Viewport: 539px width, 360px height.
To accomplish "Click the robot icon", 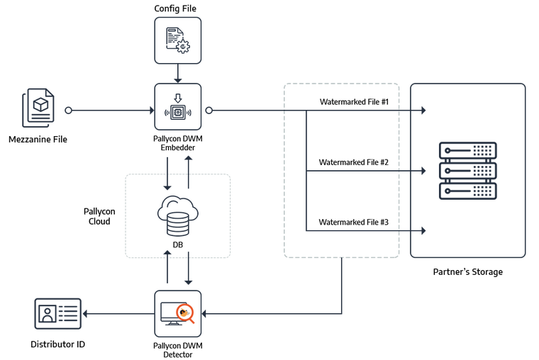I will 178,108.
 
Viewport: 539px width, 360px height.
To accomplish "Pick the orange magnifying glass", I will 186,312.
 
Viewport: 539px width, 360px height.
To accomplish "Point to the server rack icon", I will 467,171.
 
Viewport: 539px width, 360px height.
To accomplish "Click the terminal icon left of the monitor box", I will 57,313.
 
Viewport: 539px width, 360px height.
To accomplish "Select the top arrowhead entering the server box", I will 424,111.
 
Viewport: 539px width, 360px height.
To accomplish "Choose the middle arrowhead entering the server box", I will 424,171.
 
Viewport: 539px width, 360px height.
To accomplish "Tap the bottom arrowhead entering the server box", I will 424,230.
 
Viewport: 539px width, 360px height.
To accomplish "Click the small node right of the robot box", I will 209,110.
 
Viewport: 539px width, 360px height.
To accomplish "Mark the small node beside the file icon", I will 68,110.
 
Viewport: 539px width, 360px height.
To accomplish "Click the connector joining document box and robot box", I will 178,73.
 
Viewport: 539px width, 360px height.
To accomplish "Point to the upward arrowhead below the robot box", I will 189,157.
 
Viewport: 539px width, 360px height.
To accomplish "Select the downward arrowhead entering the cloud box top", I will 167,188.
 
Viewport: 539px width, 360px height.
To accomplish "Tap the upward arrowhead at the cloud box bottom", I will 167,251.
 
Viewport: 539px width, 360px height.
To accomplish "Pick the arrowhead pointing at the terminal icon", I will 87,313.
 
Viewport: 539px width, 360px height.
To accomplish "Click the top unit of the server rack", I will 467,150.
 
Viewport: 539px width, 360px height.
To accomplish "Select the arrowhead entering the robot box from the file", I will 150,110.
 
